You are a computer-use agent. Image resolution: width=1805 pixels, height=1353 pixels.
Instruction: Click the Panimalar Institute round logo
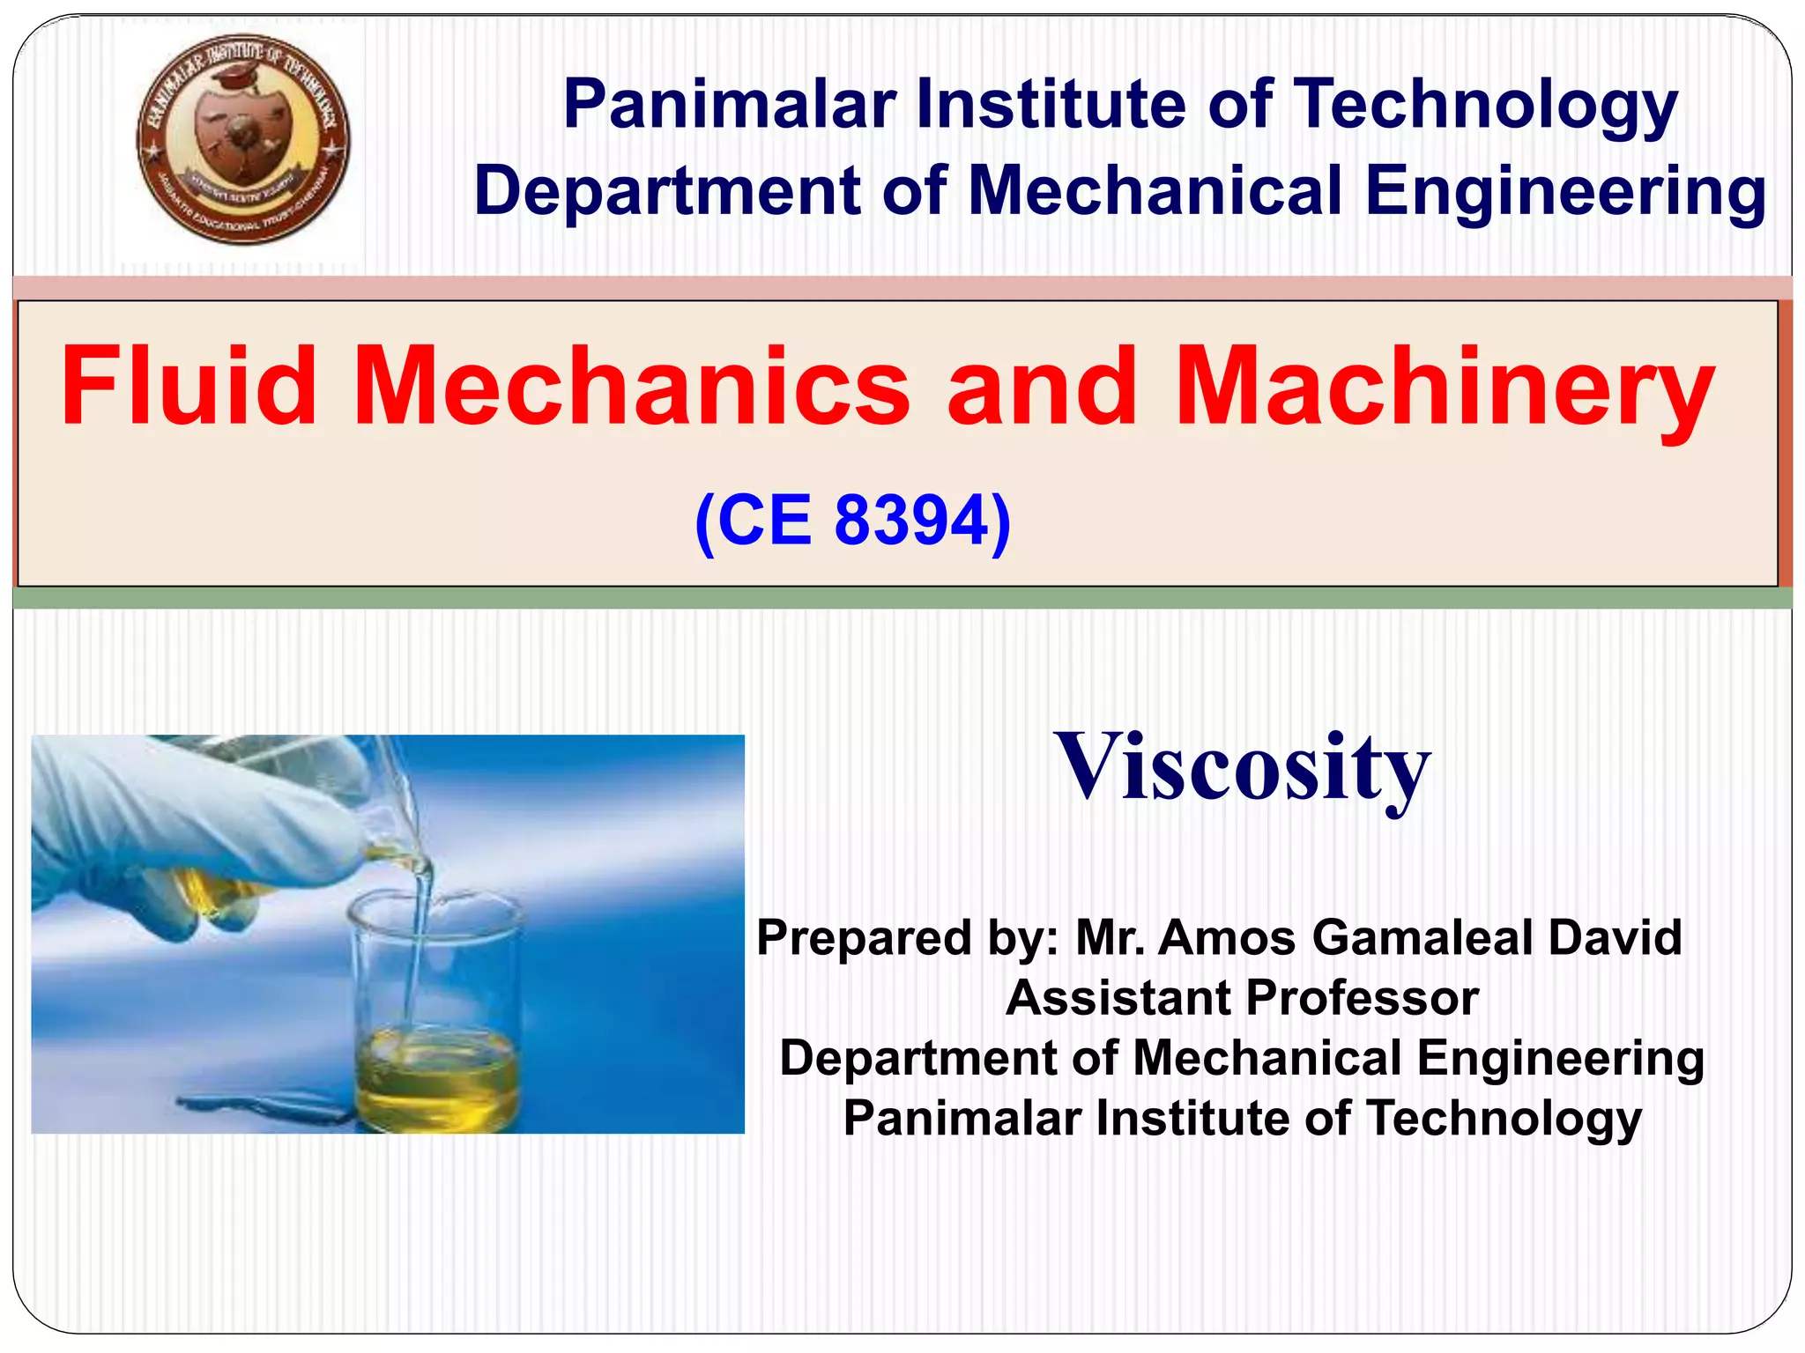click(242, 139)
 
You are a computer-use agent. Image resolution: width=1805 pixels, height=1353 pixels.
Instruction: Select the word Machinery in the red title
click(1445, 388)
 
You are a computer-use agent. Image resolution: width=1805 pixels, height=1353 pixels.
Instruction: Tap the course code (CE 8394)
click(852, 521)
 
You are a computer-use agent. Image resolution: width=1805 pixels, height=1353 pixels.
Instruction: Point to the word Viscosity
click(1242, 767)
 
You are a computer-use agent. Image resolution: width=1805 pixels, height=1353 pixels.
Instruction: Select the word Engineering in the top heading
click(1564, 191)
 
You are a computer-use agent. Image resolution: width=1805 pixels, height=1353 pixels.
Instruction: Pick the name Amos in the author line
click(1226, 937)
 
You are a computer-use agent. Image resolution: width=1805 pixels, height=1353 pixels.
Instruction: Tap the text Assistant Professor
click(1242, 998)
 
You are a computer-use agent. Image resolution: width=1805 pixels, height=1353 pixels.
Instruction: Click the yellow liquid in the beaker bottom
click(436, 1079)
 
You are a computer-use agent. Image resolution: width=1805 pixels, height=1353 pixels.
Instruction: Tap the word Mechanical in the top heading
click(1155, 191)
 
